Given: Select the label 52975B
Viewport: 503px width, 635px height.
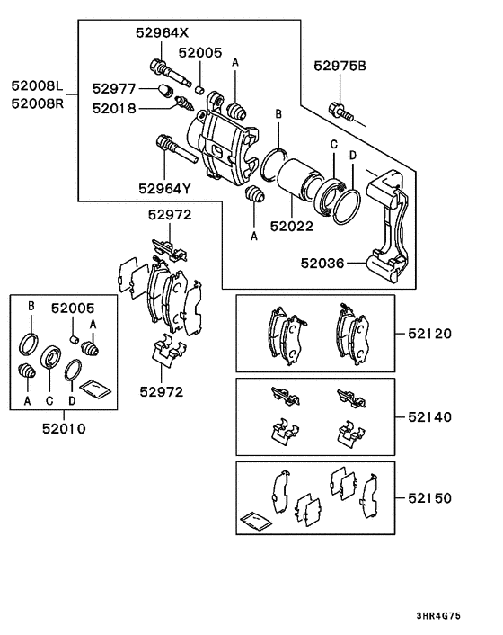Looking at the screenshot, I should (340, 65).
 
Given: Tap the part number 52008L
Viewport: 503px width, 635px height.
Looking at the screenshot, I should (38, 86).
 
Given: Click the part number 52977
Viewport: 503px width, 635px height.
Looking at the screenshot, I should (113, 89).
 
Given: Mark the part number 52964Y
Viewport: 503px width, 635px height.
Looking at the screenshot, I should (164, 188).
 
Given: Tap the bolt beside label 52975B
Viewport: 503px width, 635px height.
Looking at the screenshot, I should (343, 109).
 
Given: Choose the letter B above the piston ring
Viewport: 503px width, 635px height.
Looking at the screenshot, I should (278, 115).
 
